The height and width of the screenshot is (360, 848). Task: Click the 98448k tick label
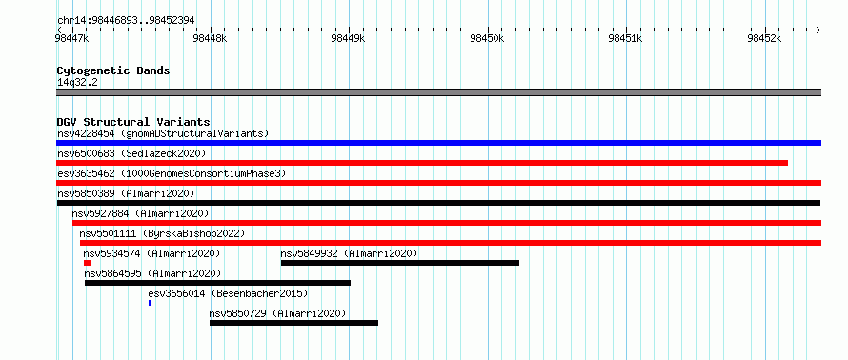pos(210,38)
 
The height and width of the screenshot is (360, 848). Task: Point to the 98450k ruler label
pos(488,38)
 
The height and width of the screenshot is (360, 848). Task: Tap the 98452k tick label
pos(765,38)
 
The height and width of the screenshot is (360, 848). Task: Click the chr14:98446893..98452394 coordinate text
pos(126,21)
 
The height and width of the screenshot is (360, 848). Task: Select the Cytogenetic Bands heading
pos(113,70)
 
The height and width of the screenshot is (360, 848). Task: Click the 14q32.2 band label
pos(78,82)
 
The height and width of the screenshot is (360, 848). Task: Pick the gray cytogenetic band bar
pos(438,92)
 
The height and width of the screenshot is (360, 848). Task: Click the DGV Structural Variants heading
pos(133,122)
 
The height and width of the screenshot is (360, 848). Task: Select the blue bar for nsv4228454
pos(438,143)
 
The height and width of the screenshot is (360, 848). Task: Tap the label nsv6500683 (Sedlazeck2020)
pos(131,153)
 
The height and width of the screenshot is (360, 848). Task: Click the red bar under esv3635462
pos(438,183)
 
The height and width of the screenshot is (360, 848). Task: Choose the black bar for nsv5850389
pos(438,203)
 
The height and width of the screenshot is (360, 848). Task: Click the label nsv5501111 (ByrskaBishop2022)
pos(162,233)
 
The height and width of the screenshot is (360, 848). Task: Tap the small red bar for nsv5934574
pos(88,263)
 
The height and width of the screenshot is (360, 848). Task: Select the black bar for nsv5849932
pos(399,263)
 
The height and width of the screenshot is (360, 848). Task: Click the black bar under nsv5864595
pos(217,283)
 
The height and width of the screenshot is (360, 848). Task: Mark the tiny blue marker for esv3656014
pos(150,303)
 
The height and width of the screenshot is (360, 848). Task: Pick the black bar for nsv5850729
pos(293,323)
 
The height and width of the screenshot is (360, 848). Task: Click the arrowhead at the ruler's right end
pos(818,30)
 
